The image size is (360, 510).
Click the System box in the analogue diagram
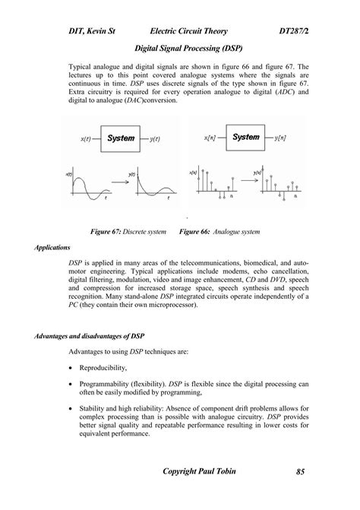pyautogui.click(x=120, y=138)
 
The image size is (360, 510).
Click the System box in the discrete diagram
pyautogui.click(x=246, y=137)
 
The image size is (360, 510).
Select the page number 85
pyautogui.click(x=301, y=472)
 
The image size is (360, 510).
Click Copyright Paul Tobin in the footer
pyautogui.click(x=200, y=472)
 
